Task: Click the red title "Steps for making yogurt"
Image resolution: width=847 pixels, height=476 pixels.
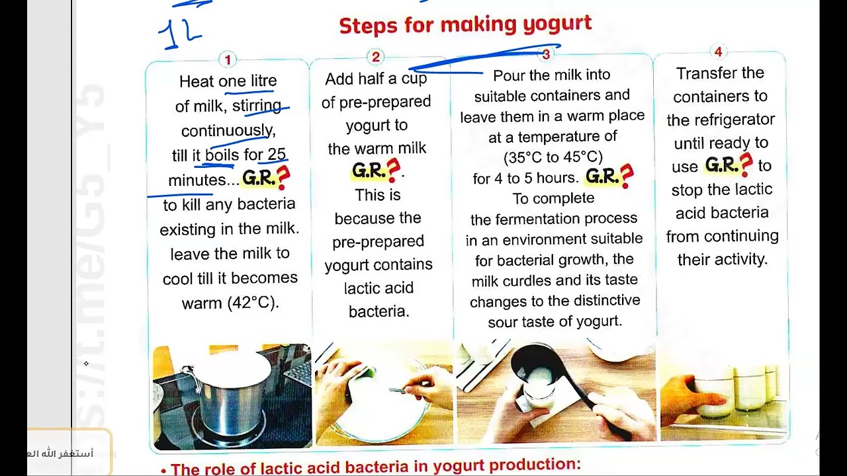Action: coord(465,25)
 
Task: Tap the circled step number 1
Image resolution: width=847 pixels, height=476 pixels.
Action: coord(228,59)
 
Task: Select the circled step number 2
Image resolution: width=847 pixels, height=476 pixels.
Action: coord(375,57)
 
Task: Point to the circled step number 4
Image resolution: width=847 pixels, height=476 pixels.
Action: coord(719,52)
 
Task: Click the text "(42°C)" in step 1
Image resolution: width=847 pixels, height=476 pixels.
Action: coord(253,303)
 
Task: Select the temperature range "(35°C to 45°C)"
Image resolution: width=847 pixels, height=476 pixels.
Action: coord(553,157)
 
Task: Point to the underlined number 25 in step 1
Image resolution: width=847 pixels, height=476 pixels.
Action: coord(277,154)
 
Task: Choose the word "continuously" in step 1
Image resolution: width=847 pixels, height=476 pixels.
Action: coord(228,131)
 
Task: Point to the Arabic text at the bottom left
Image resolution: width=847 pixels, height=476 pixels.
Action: coord(60,454)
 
